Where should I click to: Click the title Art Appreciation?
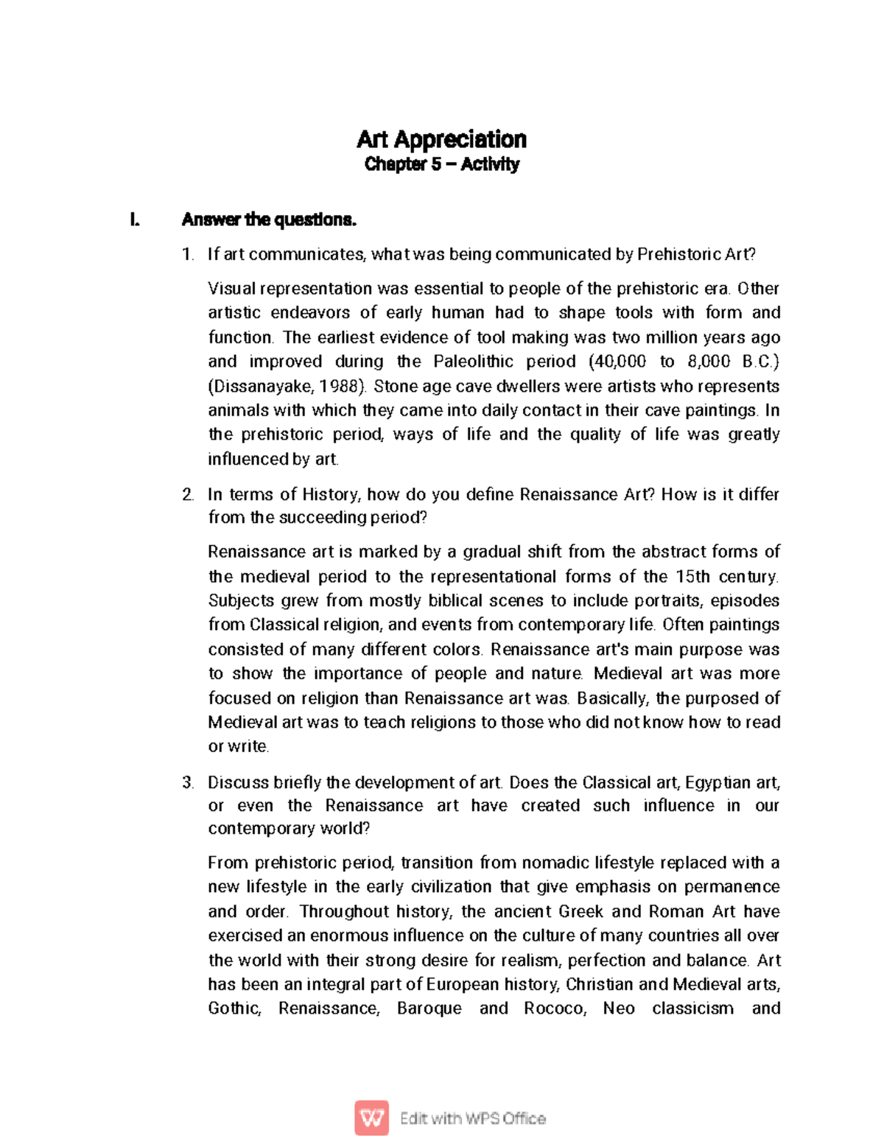[441, 139]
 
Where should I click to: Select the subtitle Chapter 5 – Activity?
[441, 164]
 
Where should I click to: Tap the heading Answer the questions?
[269, 220]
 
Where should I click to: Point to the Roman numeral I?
[133, 220]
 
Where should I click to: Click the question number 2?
[188, 494]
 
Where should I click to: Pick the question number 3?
[188, 782]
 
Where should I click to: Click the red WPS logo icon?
[371, 1118]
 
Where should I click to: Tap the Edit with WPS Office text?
[472, 1118]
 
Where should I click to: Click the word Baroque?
[429, 1008]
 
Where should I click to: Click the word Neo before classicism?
[619, 1008]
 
